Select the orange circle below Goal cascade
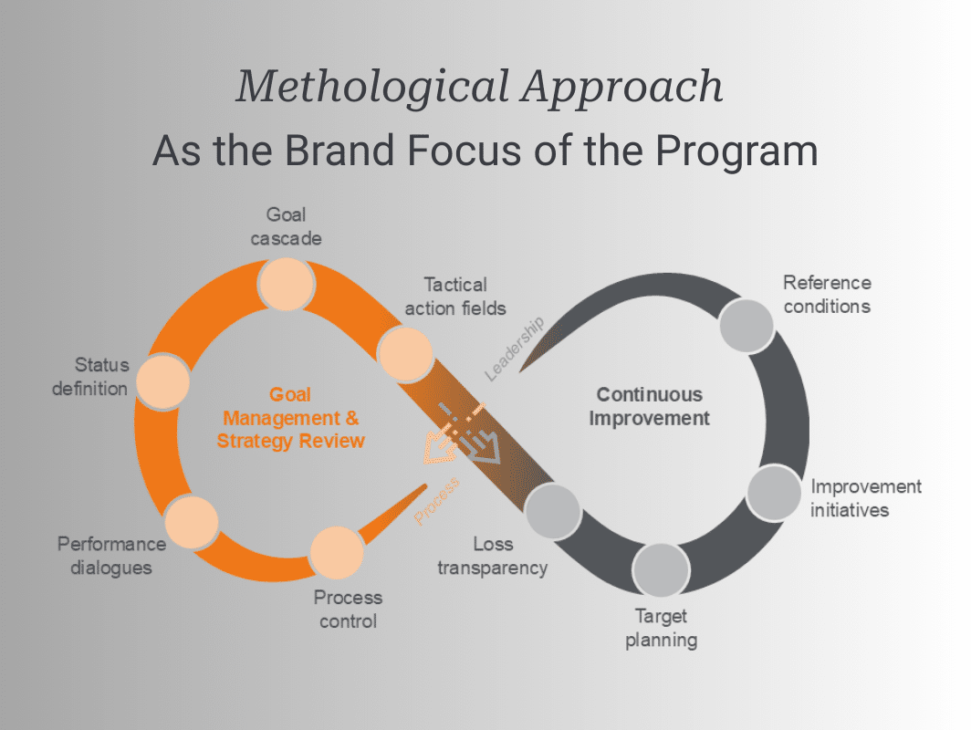point(287,285)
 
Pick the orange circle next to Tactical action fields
point(404,355)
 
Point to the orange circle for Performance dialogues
point(193,521)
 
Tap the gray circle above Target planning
point(660,571)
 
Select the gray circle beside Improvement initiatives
point(774,493)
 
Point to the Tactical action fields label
point(455,297)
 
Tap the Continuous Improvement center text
point(649,407)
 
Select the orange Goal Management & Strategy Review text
point(290,418)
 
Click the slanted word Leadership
point(514,348)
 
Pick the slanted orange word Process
point(436,503)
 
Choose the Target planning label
point(661,628)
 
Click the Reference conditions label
point(827,294)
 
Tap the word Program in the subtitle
point(738,151)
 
